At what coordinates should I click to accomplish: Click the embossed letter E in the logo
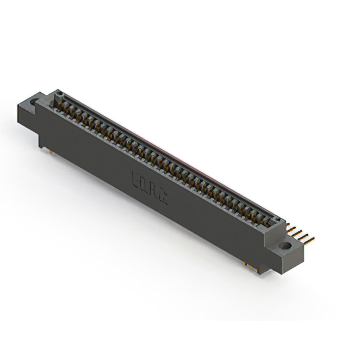click(x=137, y=177)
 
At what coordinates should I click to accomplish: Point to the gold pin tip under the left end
click(x=49, y=150)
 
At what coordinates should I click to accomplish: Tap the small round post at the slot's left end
click(x=58, y=98)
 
